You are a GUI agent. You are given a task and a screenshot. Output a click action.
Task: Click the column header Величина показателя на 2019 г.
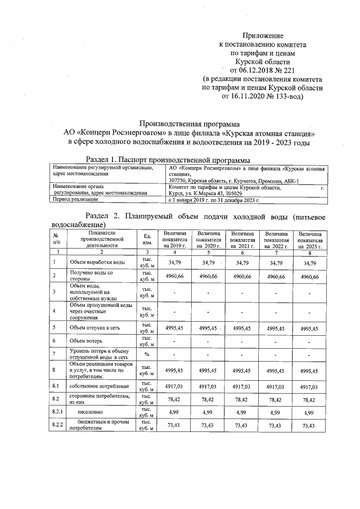(174, 240)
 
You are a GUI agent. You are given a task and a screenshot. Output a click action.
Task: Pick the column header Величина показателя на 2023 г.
(310, 240)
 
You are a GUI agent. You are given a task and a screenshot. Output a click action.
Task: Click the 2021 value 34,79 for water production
(242, 262)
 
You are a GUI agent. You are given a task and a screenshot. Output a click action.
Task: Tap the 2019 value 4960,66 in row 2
(174, 277)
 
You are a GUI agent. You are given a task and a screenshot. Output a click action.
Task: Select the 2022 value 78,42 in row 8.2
(276, 400)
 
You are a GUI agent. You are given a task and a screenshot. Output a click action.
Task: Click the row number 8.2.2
(57, 426)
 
